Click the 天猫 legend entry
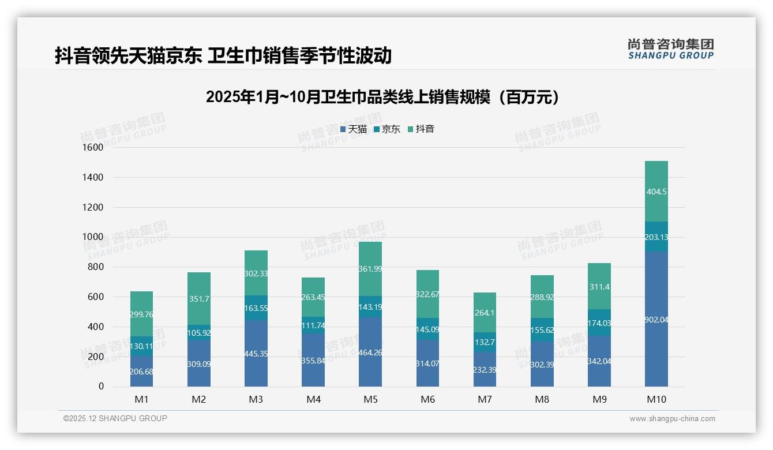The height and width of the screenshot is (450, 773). click(x=353, y=129)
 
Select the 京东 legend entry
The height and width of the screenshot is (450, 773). click(x=387, y=129)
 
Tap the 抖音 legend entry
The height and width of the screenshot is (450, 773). click(x=421, y=129)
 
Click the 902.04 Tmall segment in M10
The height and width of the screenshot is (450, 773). click(x=656, y=319)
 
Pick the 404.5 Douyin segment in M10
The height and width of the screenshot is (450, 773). click(x=656, y=192)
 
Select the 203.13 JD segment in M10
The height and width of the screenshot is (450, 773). click(x=656, y=237)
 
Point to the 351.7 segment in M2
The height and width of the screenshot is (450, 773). click(x=199, y=299)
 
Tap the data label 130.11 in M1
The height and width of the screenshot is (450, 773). click(x=142, y=346)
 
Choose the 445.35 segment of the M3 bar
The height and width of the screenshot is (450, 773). click(x=256, y=353)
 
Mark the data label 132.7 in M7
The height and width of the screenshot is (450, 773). click(x=485, y=342)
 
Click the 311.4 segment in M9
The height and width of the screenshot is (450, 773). click(x=599, y=287)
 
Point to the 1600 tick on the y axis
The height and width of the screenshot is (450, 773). click(x=93, y=148)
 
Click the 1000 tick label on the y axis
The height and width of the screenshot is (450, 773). click(x=93, y=237)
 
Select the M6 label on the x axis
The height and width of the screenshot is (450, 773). click(x=427, y=399)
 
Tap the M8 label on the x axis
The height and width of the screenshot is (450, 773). click(x=542, y=399)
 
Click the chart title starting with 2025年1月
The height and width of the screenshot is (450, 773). click(x=382, y=97)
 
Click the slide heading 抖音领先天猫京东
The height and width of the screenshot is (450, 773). click(x=223, y=55)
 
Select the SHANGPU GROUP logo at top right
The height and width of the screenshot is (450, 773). click(x=670, y=49)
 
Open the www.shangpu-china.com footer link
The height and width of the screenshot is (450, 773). click(x=672, y=419)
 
